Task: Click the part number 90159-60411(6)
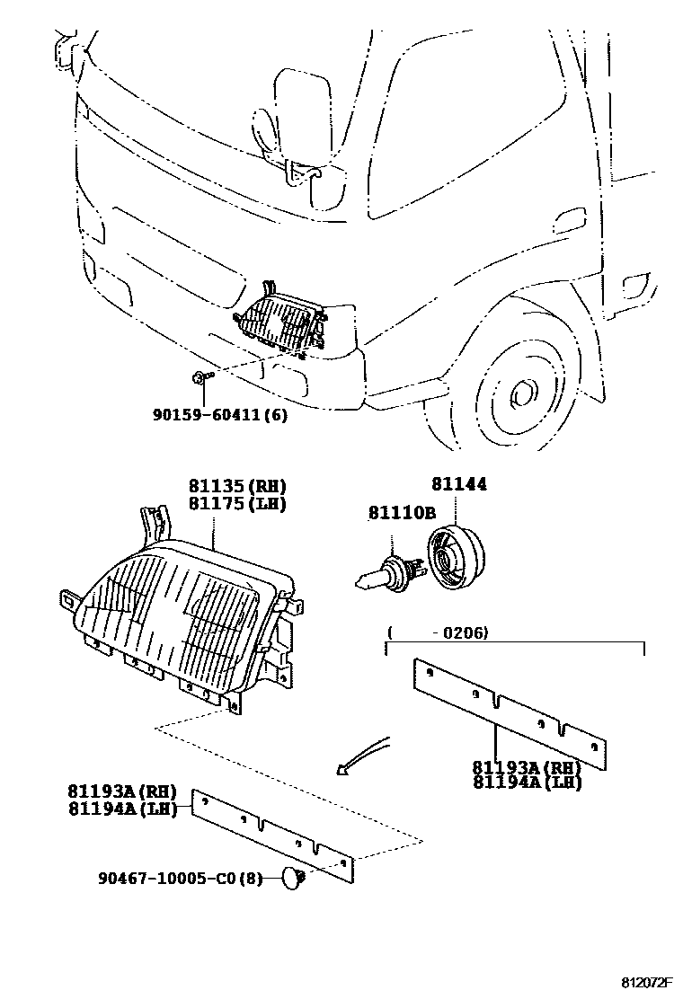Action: click(x=219, y=415)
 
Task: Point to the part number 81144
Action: click(x=459, y=484)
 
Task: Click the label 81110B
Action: click(x=401, y=512)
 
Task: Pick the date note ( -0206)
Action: click(x=438, y=633)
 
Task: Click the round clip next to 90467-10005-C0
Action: click(x=290, y=878)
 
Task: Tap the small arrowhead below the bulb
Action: click(x=341, y=769)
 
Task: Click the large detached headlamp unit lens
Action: click(x=171, y=620)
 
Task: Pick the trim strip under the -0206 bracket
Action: click(x=509, y=714)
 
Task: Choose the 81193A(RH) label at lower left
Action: click(x=121, y=791)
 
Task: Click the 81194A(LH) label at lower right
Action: click(x=527, y=782)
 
